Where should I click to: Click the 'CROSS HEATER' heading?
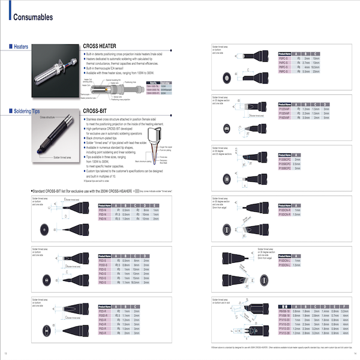click(x=100, y=46)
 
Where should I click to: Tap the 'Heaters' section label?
click(x=22, y=46)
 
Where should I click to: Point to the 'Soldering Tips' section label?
click(x=28, y=111)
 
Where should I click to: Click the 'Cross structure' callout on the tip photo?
click(x=48, y=118)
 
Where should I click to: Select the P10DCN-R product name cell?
click(x=285, y=210)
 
